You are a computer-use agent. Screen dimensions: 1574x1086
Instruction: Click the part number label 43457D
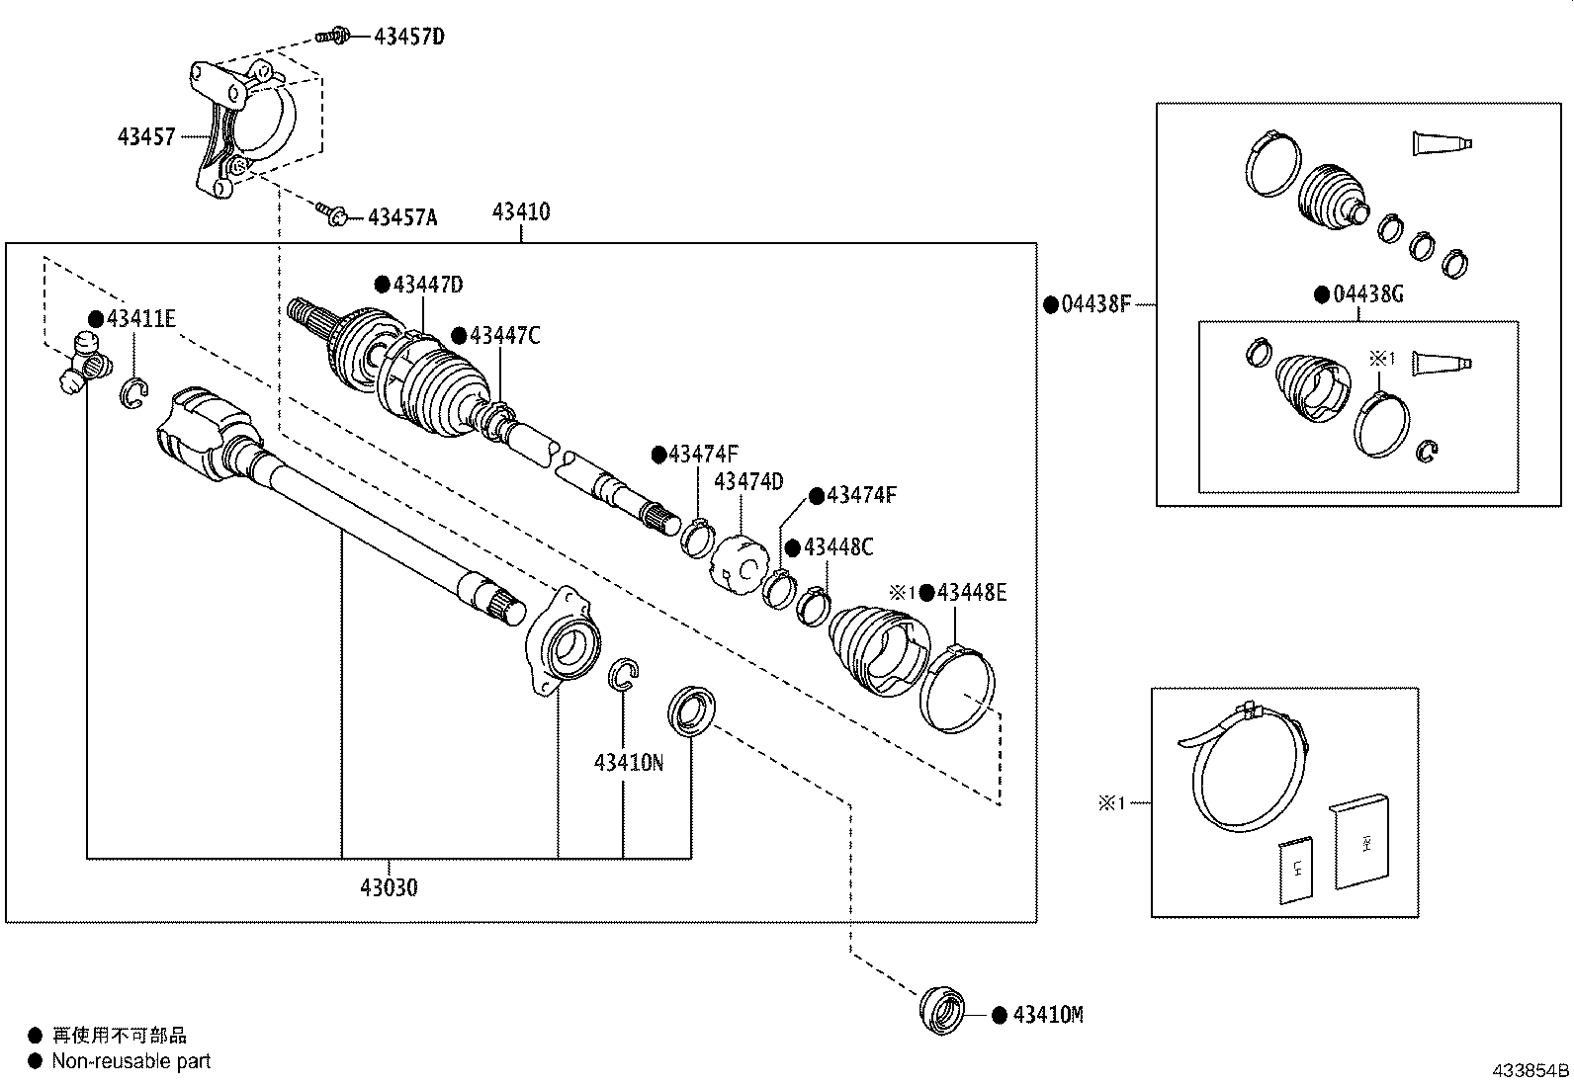point(409,36)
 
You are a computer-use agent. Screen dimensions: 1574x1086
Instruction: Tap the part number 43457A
point(402,217)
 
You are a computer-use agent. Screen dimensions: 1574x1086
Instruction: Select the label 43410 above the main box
point(521,210)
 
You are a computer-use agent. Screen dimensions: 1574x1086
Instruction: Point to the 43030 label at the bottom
point(389,887)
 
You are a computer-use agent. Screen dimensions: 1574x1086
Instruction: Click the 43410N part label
point(628,762)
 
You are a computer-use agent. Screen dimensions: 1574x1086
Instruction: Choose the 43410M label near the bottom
point(1048,1014)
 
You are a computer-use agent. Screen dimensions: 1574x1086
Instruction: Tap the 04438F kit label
point(1096,304)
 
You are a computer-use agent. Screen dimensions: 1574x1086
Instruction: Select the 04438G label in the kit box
point(1368,293)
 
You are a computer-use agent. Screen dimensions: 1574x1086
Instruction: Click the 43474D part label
point(748,481)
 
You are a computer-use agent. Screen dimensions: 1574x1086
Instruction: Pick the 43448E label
point(972,593)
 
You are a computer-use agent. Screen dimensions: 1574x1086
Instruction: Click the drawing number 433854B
point(1530,1070)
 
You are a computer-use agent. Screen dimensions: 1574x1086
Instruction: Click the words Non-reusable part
point(131,1060)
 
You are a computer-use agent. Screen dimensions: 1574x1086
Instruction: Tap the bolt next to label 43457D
point(333,35)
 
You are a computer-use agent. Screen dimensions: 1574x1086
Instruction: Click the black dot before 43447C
point(459,336)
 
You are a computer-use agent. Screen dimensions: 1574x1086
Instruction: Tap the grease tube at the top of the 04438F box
point(1442,143)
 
